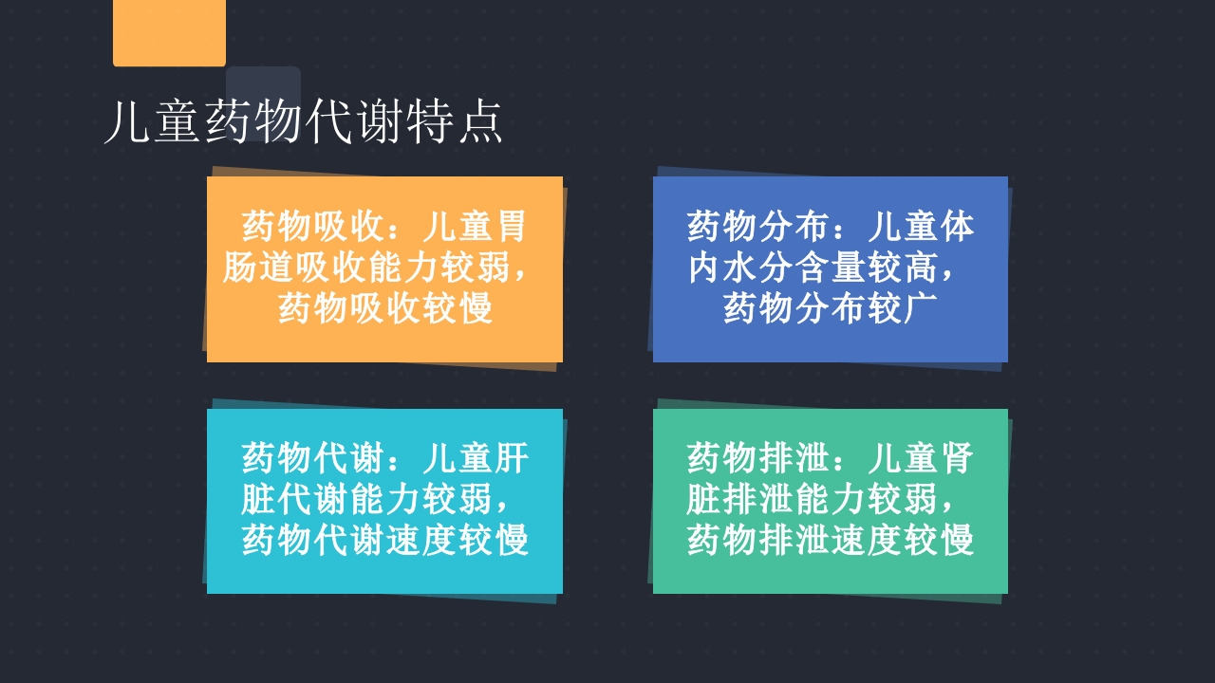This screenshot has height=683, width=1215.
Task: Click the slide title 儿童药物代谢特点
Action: [x=303, y=122]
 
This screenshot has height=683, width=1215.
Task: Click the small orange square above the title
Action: [x=169, y=32]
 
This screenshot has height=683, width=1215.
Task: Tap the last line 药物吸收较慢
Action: [x=385, y=309]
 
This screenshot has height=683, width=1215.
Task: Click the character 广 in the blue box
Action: [x=921, y=309]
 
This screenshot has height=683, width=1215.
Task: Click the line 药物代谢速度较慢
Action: [x=385, y=541]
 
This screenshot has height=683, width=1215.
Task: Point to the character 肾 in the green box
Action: [x=957, y=459]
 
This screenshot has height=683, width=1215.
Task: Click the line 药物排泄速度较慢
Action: [x=831, y=541]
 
